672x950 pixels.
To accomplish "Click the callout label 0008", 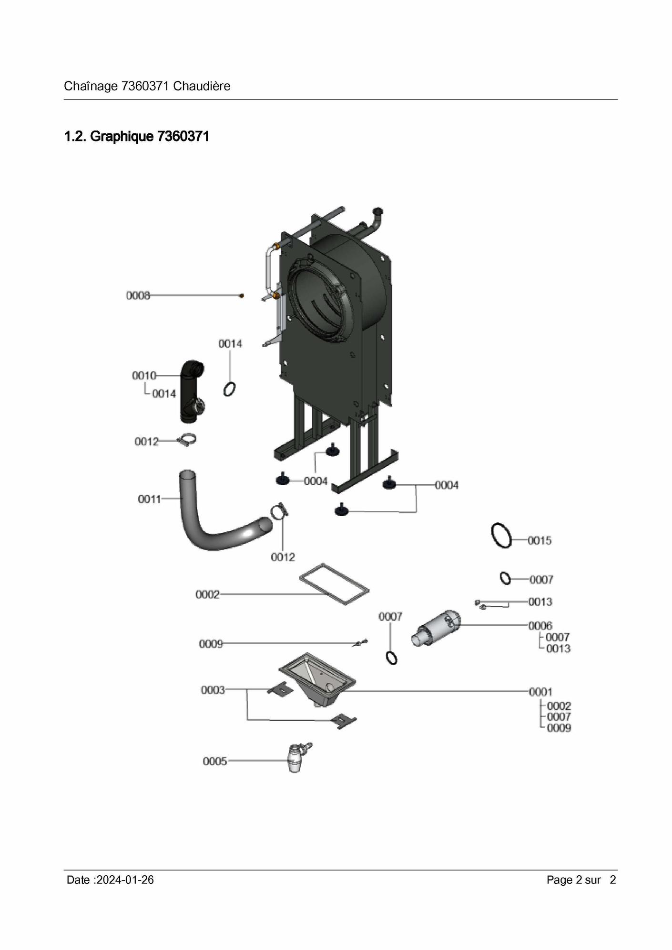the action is coord(138,296).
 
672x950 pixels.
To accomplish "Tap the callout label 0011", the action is coord(150,499).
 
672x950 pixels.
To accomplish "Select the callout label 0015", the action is coord(540,540).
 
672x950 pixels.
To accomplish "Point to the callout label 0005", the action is coord(215,761).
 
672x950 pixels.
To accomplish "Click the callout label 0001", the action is coord(540,692).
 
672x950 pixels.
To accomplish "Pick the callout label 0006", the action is coord(540,626).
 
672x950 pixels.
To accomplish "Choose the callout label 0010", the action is coord(144,376).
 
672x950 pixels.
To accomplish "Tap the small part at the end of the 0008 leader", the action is coord(242,296).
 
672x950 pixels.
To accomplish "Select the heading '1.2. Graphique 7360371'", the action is coord(137,137).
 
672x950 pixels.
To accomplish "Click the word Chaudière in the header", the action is coord(202,86).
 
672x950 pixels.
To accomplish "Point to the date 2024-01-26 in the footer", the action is coord(125,880).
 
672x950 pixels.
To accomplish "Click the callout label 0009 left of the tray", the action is coord(211,644).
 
